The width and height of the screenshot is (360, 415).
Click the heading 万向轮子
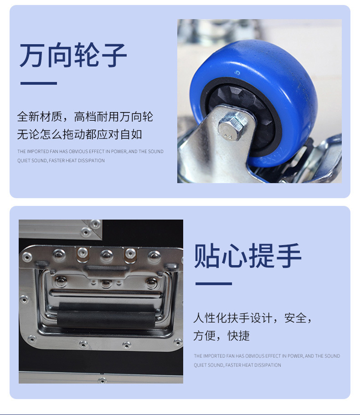click(73, 55)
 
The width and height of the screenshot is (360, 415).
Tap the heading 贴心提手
click(247, 256)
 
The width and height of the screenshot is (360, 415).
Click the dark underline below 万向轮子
click(39, 83)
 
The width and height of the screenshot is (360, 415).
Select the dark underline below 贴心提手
click(214, 283)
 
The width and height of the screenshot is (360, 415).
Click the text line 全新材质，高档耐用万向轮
click(85, 117)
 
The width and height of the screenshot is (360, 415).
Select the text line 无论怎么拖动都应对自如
click(79, 134)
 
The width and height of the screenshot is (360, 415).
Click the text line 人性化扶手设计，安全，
click(252, 318)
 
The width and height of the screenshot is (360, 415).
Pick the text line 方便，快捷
click(221, 335)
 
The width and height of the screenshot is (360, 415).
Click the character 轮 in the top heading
click(87, 55)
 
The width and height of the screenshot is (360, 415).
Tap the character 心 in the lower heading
click(234, 256)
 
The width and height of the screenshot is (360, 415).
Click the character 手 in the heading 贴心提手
click(288, 256)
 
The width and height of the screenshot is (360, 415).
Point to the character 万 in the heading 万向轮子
click(32, 55)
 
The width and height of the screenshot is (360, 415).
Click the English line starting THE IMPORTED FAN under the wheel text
click(90, 151)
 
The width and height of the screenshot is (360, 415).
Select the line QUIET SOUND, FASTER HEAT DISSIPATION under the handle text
click(237, 365)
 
